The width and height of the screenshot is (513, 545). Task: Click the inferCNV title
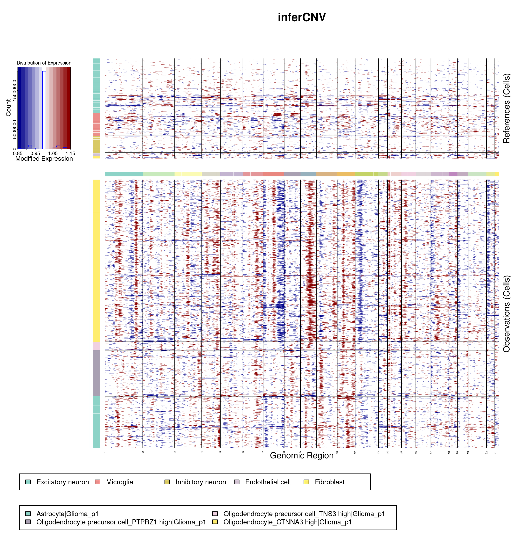302,17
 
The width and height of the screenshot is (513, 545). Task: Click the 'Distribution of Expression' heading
44,63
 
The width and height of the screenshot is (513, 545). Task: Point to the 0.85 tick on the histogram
18,153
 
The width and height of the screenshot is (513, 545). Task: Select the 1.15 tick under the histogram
70,153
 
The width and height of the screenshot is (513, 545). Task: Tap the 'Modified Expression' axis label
44,159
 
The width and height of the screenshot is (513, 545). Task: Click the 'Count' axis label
8,108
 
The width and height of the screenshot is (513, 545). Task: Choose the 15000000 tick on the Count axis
14,90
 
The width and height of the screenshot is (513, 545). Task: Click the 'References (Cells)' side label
506,108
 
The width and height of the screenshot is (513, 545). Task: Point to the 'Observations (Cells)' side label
506,314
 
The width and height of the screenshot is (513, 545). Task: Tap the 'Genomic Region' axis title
302,456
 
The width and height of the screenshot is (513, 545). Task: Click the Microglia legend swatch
97,482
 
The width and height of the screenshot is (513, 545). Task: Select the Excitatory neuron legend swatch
28,482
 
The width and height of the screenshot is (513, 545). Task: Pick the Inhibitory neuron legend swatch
167,482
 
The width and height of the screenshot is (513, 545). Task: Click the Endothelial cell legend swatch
236,482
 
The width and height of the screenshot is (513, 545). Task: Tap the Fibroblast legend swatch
306,482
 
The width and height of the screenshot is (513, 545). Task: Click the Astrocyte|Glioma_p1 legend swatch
28,514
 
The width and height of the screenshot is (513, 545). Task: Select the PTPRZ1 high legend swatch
28,522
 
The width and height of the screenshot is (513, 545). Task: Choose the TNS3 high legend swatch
215,514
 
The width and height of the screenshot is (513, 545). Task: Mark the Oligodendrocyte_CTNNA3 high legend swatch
215,522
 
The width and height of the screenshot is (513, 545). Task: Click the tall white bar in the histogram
44,110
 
